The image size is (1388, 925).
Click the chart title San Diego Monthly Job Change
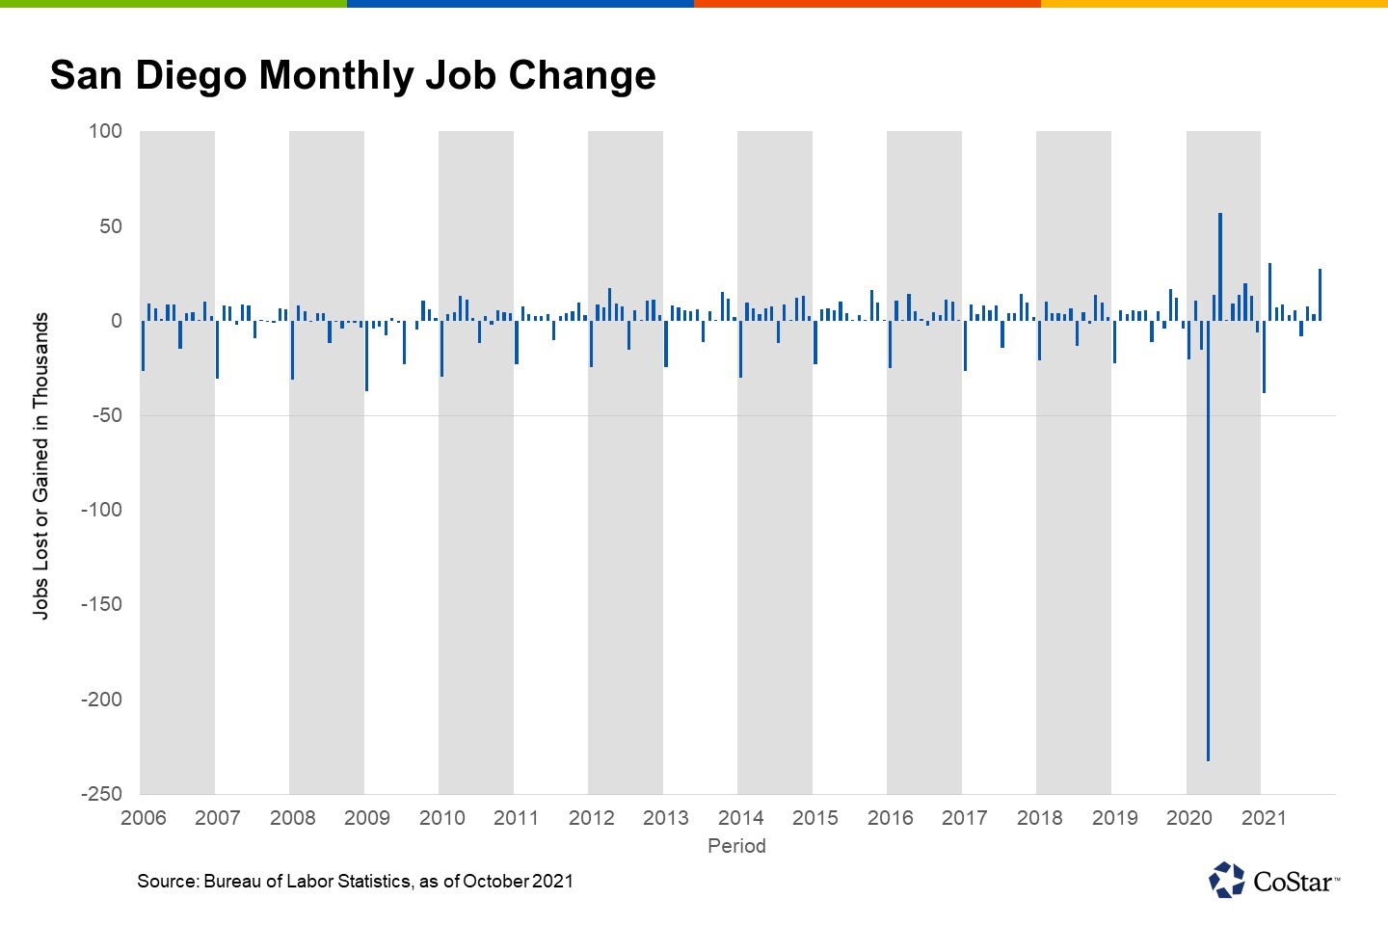click(x=353, y=76)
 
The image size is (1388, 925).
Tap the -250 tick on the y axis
click(x=101, y=794)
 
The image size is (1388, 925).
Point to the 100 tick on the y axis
click(x=106, y=131)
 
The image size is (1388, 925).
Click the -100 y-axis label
click(x=101, y=510)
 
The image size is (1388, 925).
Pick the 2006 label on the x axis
click(x=143, y=818)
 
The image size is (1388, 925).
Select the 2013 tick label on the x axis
click(x=666, y=818)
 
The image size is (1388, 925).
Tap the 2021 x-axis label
click(x=1264, y=818)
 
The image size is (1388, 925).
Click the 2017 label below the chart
click(x=965, y=818)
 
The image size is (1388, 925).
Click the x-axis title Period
click(x=736, y=846)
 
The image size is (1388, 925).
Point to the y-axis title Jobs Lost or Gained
click(x=40, y=465)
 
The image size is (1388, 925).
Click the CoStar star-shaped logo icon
click(x=1227, y=880)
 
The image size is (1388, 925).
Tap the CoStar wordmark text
click(x=1294, y=882)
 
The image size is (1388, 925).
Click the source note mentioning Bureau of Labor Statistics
click(x=355, y=881)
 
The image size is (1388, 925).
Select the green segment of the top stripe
click(x=173, y=4)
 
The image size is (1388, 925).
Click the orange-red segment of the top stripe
click(x=867, y=4)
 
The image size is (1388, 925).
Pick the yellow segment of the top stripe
click(x=1214, y=4)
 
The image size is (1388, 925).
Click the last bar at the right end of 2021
click(x=1320, y=295)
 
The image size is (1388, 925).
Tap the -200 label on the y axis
click(x=101, y=700)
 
